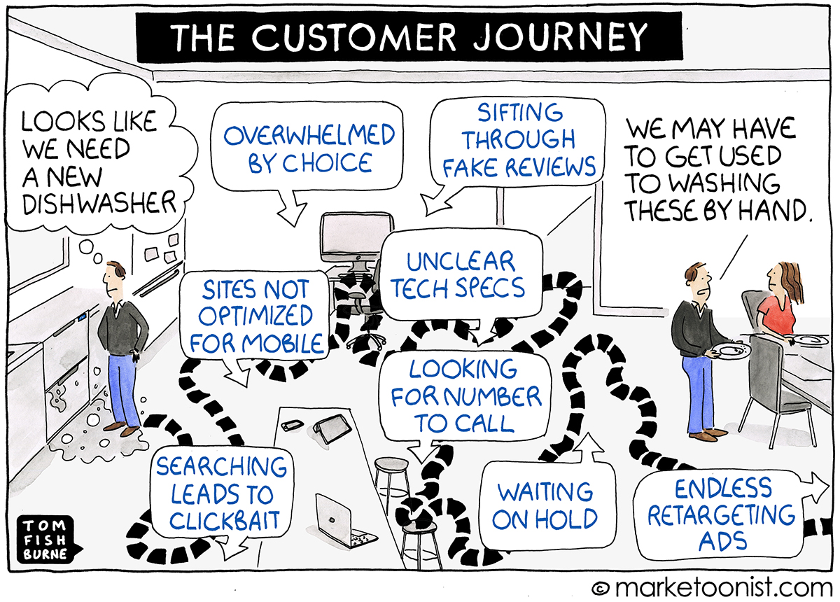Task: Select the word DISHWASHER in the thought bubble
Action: [x=99, y=203]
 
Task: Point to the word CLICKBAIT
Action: [x=225, y=520]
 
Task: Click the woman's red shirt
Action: [x=778, y=316]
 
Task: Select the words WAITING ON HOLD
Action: [x=545, y=505]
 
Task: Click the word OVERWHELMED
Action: [x=309, y=135]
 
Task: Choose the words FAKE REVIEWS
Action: [x=519, y=167]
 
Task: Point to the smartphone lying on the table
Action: [x=292, y=426]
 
